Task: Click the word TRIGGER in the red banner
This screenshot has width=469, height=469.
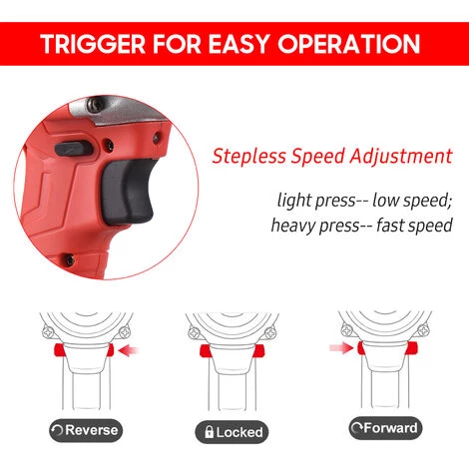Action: (x=93, y=44)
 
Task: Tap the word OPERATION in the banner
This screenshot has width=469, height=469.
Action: (x=349, y=44)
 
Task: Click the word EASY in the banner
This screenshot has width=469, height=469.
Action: (x=238, y=44)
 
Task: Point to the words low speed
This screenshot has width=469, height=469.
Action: (x=412, y=201)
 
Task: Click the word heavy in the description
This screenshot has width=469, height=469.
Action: (x=292, y=226)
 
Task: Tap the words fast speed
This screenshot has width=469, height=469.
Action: (x=414, y=226)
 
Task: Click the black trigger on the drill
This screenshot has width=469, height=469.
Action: (x=128, y=191)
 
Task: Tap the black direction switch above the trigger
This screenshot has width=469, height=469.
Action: (x=73, y=149)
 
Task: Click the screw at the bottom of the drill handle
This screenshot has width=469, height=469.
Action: (x=69, y=259)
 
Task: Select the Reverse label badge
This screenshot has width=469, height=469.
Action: (x=86, y=430)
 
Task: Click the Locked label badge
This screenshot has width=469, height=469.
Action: (x=232, y=432)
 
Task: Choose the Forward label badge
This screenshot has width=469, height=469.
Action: (x=385, y=428)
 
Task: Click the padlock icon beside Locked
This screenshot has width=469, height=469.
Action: (x=209, y=432)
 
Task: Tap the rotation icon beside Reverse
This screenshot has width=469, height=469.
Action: (x=57, y=430)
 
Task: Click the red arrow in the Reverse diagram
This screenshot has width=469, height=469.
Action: (x=129, y=350)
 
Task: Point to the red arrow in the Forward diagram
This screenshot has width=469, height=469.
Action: (x=341, y=348)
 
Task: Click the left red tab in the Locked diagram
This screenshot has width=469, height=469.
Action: (x=205, y=351)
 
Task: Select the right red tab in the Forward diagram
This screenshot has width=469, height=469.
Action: (x=412, y=348)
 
